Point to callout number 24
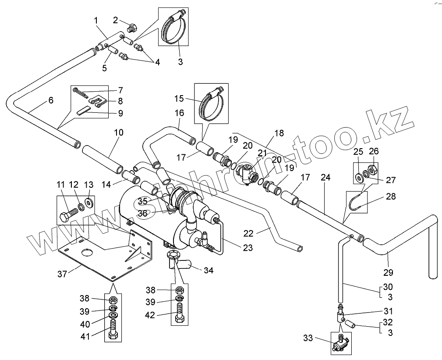point(325,178)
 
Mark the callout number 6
point(51,100)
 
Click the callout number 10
point(119,132)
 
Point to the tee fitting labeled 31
point(340,314)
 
